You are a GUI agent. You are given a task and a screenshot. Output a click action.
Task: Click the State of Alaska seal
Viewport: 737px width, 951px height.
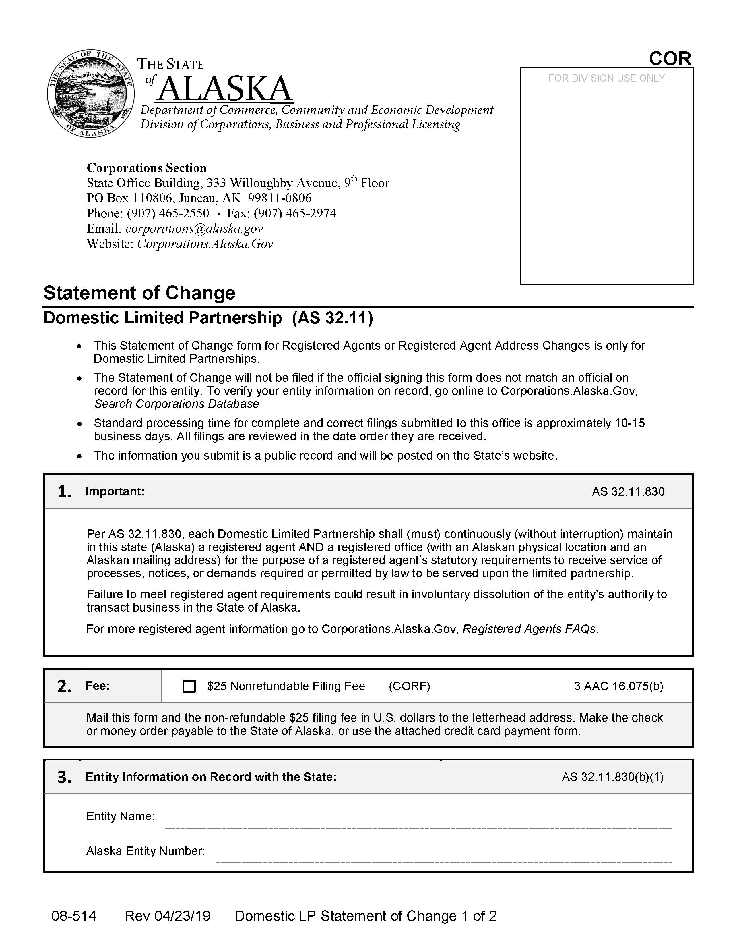[90, 93]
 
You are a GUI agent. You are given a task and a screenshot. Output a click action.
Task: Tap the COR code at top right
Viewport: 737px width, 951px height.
[670, 59]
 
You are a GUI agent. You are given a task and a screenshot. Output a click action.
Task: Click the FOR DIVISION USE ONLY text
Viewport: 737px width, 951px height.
[606, 78]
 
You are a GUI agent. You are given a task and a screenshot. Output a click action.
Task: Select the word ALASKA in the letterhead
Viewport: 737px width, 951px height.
[225, 89]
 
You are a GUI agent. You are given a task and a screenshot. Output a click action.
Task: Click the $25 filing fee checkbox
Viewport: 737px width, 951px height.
[189, 686]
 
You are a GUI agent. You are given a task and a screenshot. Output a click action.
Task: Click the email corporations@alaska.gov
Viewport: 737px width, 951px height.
[194, 229]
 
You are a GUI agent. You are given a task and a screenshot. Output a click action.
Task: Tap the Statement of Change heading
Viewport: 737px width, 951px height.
[139, 293]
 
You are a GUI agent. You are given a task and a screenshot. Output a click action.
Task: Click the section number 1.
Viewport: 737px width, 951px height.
[64, 492]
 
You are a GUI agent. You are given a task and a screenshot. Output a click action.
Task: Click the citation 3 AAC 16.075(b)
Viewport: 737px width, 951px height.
[618, 686]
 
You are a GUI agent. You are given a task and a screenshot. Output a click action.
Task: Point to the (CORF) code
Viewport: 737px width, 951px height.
[409, 686]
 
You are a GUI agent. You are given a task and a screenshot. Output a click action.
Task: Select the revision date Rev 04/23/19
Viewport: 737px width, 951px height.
[168, 916]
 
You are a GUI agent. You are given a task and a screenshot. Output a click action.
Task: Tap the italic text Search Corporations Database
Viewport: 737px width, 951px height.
[177, 404]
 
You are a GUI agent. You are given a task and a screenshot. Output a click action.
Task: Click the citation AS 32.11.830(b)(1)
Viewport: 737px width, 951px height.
[612, 777]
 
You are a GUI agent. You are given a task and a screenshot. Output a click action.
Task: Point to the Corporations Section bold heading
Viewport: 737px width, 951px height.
[147, 168]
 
